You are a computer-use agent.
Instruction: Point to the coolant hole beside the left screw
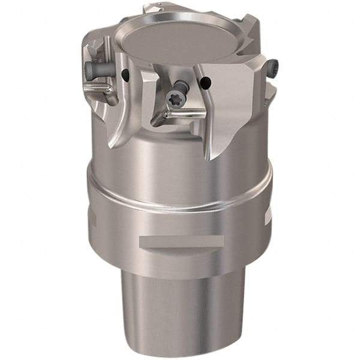pyautogui.click(x=125, y=74)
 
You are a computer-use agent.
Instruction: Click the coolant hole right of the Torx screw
pyautogui.click(x=205, y=80)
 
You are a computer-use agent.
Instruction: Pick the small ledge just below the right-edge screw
pyautogui.click(x=270, y=90)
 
